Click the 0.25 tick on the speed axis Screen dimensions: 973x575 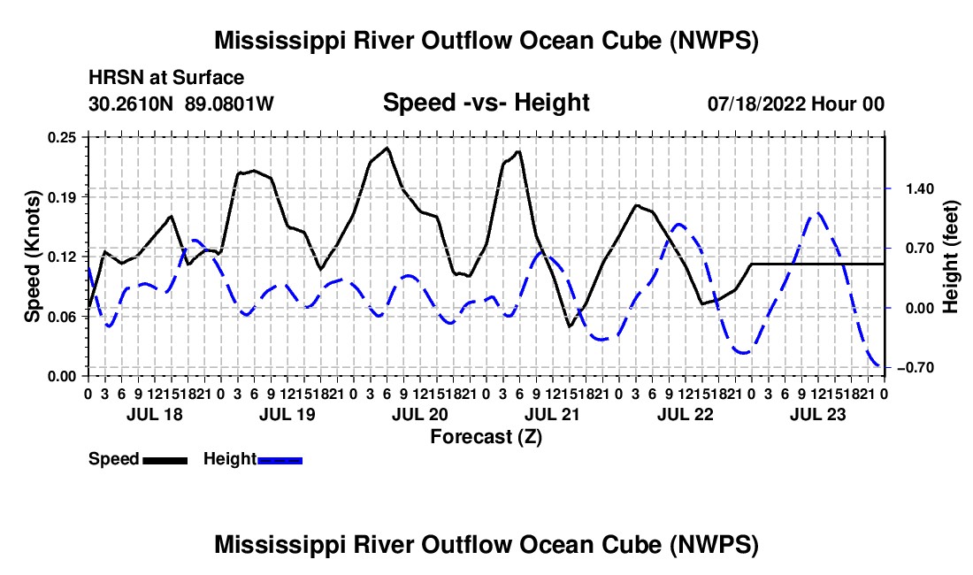[61, 137]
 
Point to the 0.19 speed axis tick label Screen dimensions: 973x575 [61, 197]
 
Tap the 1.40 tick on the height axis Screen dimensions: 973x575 [920, 188]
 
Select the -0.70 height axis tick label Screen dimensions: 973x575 [916, 368]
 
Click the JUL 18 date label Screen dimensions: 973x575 [155, 414]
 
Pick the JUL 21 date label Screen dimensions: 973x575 [552, 414]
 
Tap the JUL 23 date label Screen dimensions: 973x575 [818, 414]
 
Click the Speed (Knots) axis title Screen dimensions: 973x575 [32, 257]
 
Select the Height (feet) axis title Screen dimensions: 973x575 [951, 257]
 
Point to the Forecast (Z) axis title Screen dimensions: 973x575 [486, 437]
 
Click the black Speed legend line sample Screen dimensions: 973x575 [165, 460]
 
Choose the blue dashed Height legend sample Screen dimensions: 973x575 [280, 460]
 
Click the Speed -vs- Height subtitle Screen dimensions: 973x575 [486, 103]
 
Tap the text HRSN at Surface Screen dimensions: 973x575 [166, 78]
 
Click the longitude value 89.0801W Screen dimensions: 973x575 [229, 103]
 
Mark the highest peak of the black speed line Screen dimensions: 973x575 [387, 148]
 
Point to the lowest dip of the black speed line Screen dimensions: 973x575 [569, 327]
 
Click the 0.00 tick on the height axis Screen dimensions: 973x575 [920, 308]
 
